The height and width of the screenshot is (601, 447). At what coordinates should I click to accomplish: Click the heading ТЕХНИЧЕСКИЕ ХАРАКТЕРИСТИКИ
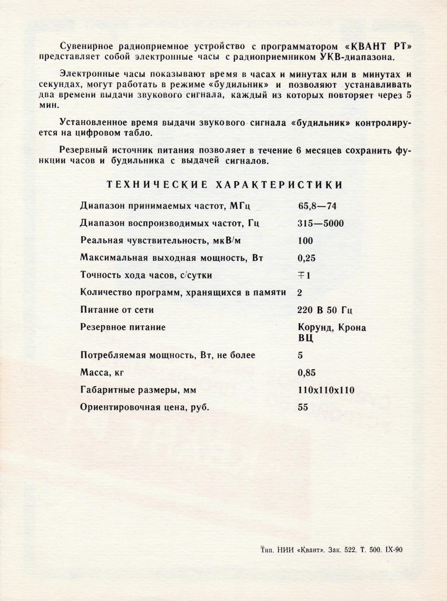(224, 185)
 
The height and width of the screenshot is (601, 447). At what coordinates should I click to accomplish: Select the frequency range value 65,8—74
(317, 206)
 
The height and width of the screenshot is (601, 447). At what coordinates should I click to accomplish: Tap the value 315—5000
(320, 224)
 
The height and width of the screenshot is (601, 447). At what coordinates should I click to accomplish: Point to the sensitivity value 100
(305, 241)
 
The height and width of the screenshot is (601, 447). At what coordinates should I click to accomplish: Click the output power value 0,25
(306, 258)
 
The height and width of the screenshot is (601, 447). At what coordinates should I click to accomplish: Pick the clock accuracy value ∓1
(304, 276)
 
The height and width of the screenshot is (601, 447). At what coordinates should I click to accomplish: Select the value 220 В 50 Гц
(325, 310)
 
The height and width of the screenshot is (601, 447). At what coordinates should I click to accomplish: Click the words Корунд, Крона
(332, 328)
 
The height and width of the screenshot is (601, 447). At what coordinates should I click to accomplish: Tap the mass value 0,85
(306, 373)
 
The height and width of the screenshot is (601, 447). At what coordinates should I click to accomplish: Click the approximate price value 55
(303, 407)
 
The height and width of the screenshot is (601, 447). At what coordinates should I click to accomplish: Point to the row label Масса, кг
(105, 373)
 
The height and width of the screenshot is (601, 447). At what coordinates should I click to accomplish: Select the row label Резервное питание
(123, 327)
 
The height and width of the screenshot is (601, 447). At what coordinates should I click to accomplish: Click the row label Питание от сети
(117, 310)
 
